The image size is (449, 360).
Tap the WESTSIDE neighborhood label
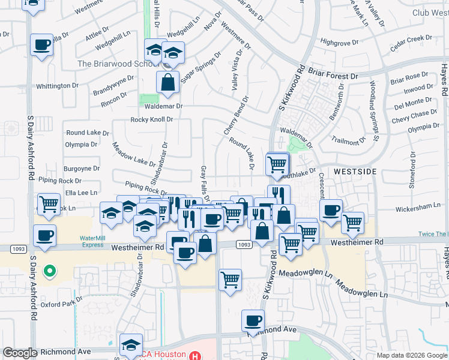(x=355, y=171)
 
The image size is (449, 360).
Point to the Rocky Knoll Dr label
(x=152, y=119)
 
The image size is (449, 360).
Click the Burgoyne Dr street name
(x=82, y=169)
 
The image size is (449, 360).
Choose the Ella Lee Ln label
(x=81, y=193)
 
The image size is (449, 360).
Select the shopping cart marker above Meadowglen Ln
(x=231, y=279)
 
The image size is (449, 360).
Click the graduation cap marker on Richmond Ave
(x=130, y=344)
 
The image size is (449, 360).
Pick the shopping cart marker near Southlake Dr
(x=277, y=164)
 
